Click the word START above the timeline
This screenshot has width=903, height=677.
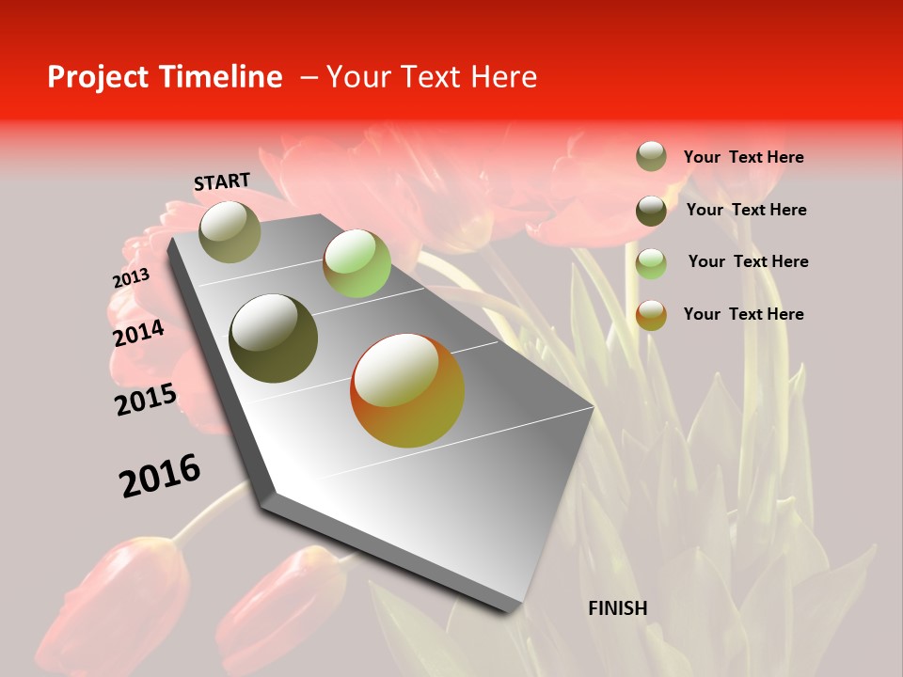click(x=222, y=181)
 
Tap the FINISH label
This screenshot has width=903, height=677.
click(x=618, y=608)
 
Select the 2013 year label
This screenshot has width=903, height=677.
click(x=131, y=278)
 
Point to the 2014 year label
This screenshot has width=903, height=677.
click(x=138, y=333)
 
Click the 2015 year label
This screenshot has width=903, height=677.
click(x=146, y=400)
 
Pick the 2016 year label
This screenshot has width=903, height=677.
click(x=160, y=476)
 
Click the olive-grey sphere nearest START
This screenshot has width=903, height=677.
click(x=230, y=231)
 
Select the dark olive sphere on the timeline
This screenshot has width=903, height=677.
click(x=274, y=338)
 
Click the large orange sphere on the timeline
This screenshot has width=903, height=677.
click(x=407, y=390)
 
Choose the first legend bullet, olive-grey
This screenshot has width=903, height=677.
click(x=651, y=156)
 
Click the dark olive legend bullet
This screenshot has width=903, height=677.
click(x=651, y=210)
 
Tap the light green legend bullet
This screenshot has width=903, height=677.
click(x=651, y=263)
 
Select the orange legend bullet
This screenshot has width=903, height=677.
click(x=651, y=315)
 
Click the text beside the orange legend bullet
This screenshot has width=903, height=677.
click(x=743, y=314)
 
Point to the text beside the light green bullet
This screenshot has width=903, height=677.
click(x=748, y=261)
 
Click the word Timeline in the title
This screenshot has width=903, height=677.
click(x=222, y=77)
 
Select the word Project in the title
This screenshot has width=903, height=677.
click(x=99, y=77)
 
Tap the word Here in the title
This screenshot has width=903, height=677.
click(x=503, y=77)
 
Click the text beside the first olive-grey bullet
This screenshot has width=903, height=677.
click(x=743, y=157)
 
